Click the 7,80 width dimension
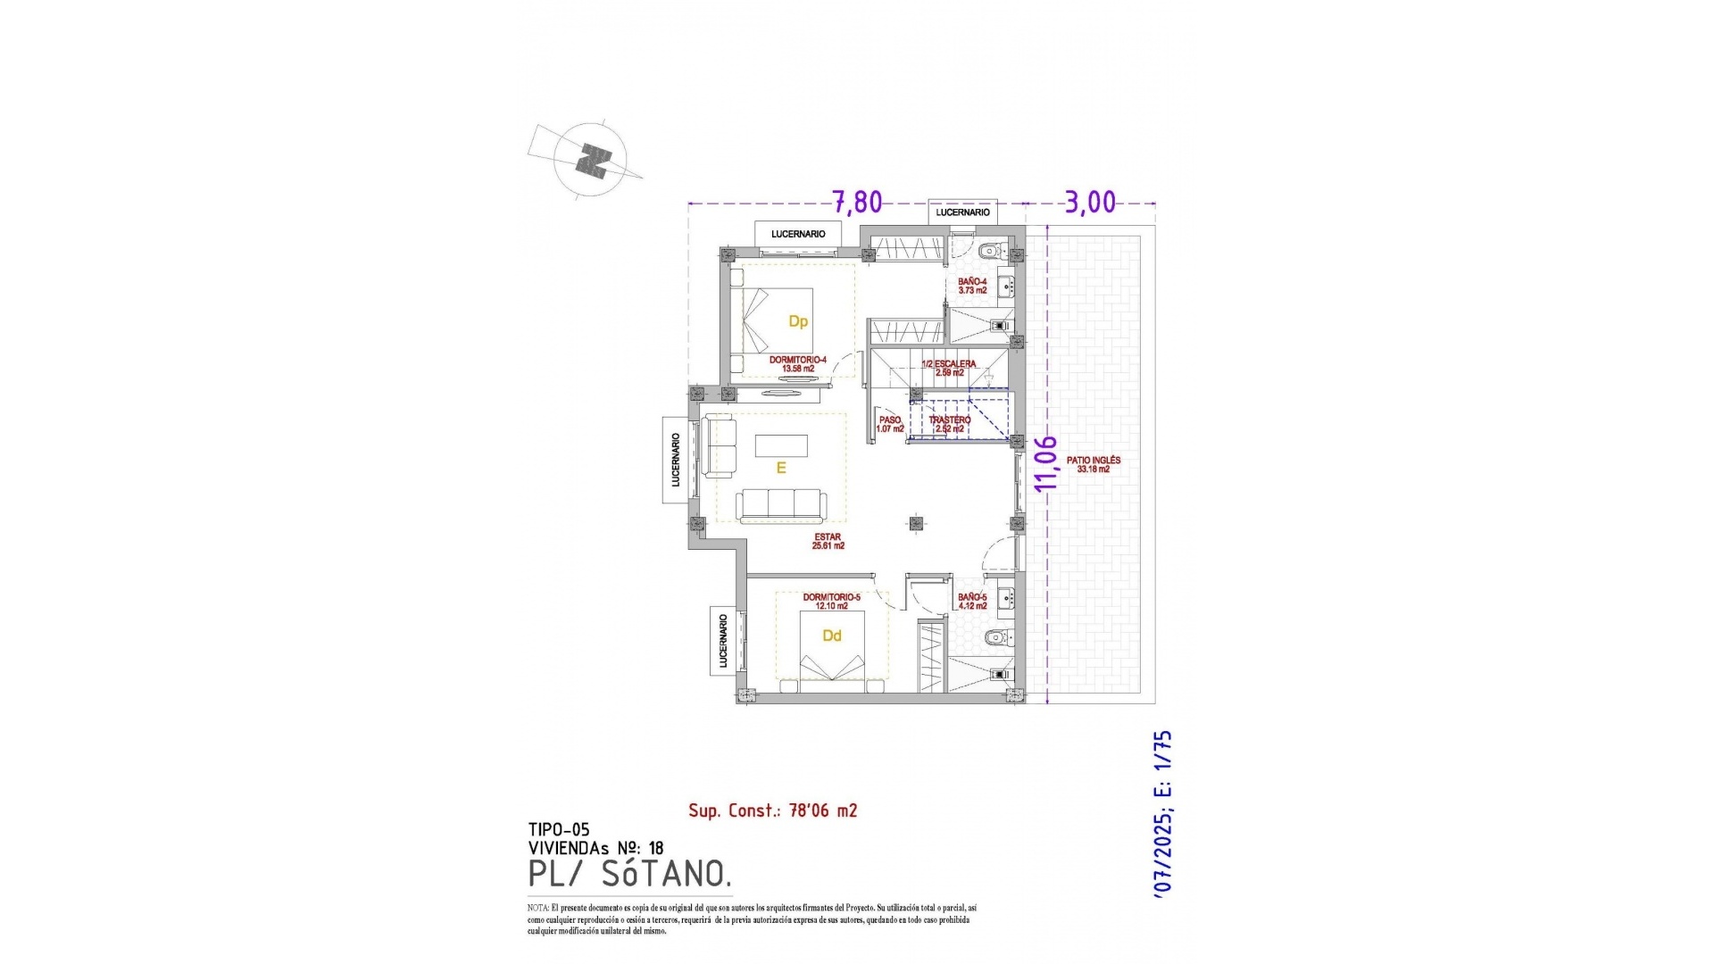click(857, 203)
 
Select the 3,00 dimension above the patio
click(1090, 203)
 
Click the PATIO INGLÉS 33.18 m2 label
click(1093, 465)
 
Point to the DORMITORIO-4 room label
click(797, 363)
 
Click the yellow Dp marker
click(798, 321)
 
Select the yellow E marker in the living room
click(781, 468)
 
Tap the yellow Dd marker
click(832, 636)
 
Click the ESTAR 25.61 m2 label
click(828, 541)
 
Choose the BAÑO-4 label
click(972, 286)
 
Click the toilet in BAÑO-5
click(996, 637)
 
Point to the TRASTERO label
click(949, 424)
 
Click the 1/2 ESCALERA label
click(949, 368)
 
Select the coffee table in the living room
click(781, 445)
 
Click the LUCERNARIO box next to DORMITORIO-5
click(723, 641)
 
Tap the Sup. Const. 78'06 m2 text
click(772, 810)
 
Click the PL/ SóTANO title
click(629, 874)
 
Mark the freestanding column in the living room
click(915, 524)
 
